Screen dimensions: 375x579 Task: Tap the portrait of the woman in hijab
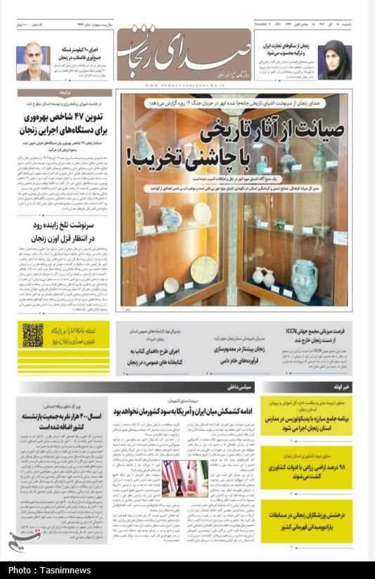point(334,61)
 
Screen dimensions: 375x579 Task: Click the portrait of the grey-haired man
point(34,62)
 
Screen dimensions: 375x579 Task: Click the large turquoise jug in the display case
point(304,278)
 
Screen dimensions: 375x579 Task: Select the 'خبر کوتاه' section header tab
point(338,387)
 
